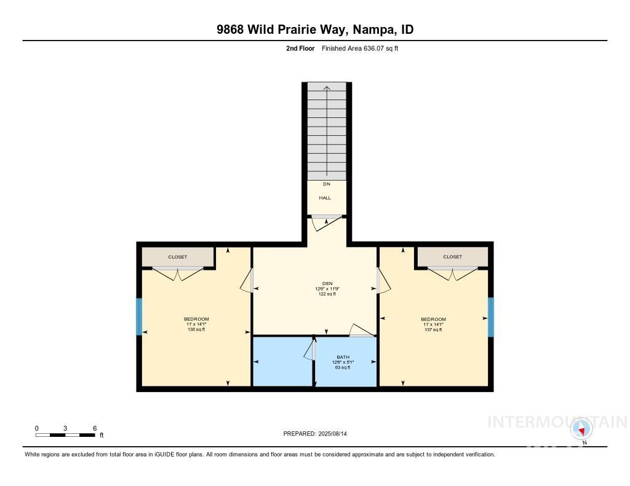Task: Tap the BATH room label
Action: point(343,357)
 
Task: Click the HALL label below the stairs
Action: point(325,198)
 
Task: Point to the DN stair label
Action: point(326,184)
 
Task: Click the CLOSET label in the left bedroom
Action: point(177,257)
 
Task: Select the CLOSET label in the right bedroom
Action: point(452,257)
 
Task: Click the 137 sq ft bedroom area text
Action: point(433,330)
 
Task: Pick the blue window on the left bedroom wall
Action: point(139,317)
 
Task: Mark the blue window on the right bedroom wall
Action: point(490,317)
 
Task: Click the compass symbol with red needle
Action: point(581,429)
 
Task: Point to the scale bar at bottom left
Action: point(65,435)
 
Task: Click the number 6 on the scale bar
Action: point(95,428)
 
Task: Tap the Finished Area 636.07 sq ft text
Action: point(360,49)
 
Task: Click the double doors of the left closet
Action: point(178,273)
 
